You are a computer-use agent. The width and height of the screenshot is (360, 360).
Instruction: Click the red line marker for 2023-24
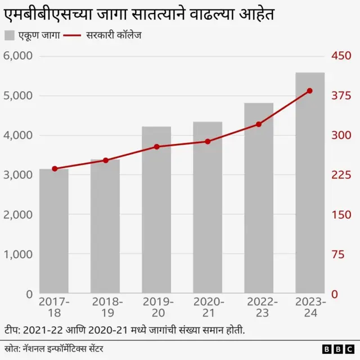[x=310, y=91]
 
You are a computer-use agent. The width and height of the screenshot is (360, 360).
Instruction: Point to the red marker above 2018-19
[x=105, y=160]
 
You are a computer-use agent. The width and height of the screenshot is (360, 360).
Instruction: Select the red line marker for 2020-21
[x=208, y=142]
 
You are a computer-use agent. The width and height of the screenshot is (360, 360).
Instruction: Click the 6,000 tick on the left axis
[x=18, y=56]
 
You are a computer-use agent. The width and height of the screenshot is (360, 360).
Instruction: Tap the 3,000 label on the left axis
[x=18, y=175]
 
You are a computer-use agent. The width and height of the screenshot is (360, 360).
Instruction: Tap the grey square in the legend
[x=9, y=35]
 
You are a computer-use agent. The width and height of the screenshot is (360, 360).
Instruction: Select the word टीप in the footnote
[x=12, y=329]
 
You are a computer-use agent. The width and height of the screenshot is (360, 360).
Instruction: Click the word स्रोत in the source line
[x=12, y=346]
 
